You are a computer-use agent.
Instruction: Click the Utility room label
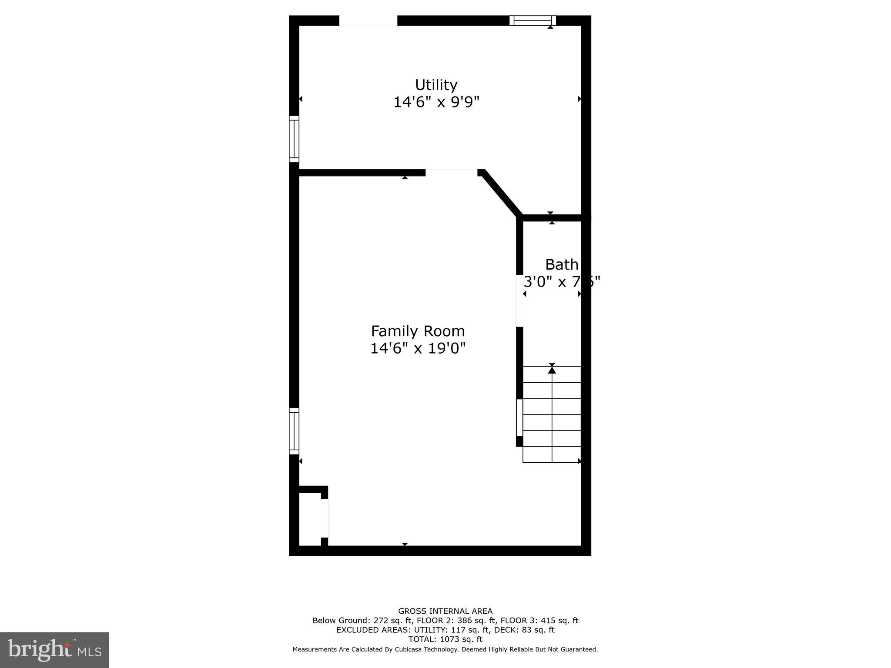pyautogui.click(x=436, y=84)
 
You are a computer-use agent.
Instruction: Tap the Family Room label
pyautogui.click(x=418, y=331)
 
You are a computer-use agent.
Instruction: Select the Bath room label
pyautogui.click(x=562, y=264)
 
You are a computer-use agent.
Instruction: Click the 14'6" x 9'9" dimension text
pyautogui.click(x=436, y=102)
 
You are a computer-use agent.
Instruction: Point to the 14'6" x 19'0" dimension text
pyautogui.click(x=418, y=348)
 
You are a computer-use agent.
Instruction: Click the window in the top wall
pyautogui.click(x=533, y=20)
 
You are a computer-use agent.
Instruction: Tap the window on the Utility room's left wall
pyautogui.click(x=294, y=139)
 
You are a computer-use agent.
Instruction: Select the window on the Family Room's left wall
pyautogui.click(x=294, y=431)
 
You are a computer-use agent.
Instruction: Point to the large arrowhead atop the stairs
pyautogui.click(x=552, y=370)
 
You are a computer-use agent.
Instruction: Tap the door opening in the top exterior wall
pyautogui.click(x=368, y=20)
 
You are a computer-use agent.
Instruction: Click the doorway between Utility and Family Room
pyautogui.click(x=451, y=172)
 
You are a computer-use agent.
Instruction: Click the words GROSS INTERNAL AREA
pyautogui.click(x=445, y=611)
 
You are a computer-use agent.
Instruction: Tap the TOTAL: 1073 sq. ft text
pyautogui.click(x=445, y=639)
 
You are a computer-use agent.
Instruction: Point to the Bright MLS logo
pyautogui.click(x=54, y=650)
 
